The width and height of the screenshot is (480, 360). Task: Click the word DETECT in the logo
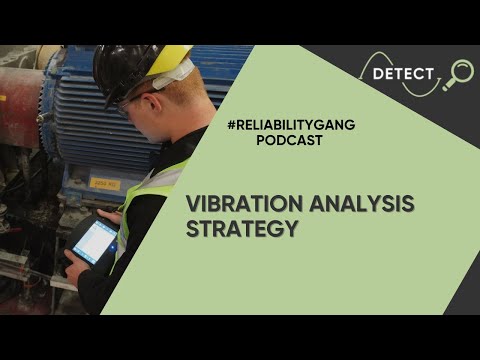[403, 74]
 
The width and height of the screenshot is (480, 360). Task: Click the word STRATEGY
[243, 229]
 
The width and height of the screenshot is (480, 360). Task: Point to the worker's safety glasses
[129, 103]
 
